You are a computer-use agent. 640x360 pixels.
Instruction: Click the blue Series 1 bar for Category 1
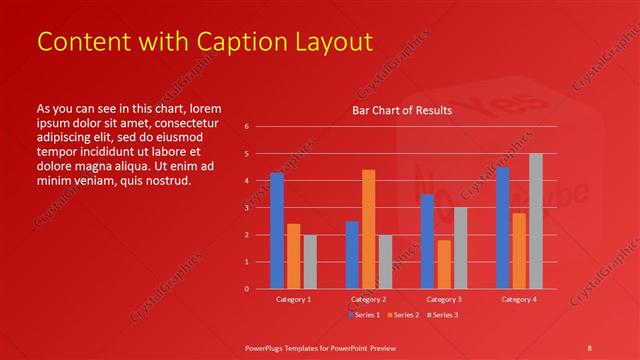[276, 231]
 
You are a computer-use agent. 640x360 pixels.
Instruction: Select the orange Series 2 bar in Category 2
[369, 229]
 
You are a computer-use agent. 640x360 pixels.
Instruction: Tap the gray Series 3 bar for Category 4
[536, 221]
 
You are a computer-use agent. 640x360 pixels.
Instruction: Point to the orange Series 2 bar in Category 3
[444, 264]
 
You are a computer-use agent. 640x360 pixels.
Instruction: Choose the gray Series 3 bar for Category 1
[310, 262]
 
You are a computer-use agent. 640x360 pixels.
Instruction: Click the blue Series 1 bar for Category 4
[502, 228]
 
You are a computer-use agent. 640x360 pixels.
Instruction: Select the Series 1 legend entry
[363, 315]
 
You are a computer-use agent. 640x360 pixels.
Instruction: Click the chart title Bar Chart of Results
[402, 110]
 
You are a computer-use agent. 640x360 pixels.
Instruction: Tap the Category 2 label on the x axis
[369, 300]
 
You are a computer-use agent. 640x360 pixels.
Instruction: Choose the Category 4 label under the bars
[519, 300]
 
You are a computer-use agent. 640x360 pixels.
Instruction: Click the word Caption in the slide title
[222, 42]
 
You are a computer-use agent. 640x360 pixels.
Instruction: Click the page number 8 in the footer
[589, 347]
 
